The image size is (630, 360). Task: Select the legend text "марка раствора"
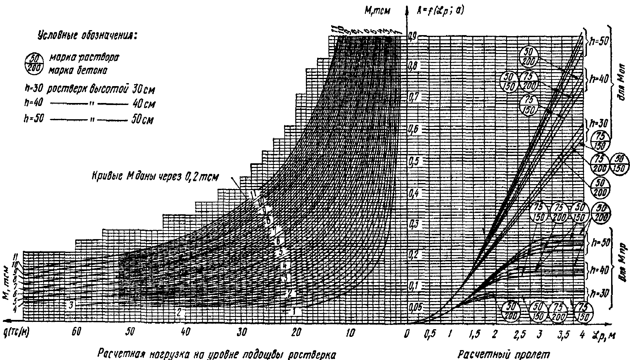tap(84, 57)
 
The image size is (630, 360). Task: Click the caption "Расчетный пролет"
tap(504, 354)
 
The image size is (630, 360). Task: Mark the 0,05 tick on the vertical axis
tap(415, 307)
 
